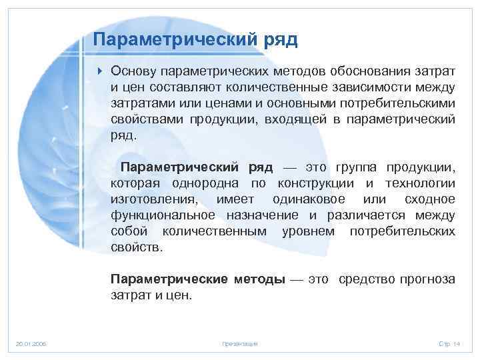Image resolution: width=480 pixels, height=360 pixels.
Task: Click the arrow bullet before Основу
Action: click(x=99, y=71)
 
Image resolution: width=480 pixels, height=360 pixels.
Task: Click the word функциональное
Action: click(x=163, y=215)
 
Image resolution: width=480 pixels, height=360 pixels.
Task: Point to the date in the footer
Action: click(x=31, y=343)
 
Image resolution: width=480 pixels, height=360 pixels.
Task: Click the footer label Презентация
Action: click(x=239, y=343)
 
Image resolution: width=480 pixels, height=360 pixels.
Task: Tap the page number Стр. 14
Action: click(x=449, y=343)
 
